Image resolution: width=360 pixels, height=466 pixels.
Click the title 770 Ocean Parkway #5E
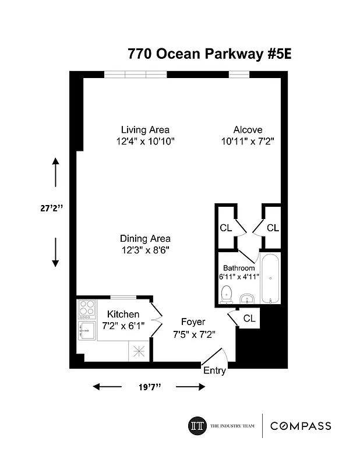tap(209, 55)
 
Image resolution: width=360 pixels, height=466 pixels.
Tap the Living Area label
tap(145, 130)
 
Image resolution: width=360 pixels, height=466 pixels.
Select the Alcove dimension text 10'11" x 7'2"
tap(248, 142)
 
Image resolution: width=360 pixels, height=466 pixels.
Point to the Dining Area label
tap(145, 238)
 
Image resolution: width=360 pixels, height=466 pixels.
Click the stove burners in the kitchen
tap(86, 307)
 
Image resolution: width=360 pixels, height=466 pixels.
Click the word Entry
tap(214, 370)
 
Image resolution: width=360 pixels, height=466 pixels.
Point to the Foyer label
tap(193, 322)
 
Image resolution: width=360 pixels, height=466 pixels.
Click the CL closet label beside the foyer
tap(249, 318)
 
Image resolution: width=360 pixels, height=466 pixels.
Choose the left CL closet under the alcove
tap(225, 228)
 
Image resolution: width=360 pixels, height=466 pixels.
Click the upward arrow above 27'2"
tap(55, 171)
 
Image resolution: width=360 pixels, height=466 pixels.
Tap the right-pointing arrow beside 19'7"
tap(190, 387)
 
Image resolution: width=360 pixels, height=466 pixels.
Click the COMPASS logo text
tap(301, 426)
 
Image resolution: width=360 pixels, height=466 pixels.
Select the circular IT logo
tap(196, 426)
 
